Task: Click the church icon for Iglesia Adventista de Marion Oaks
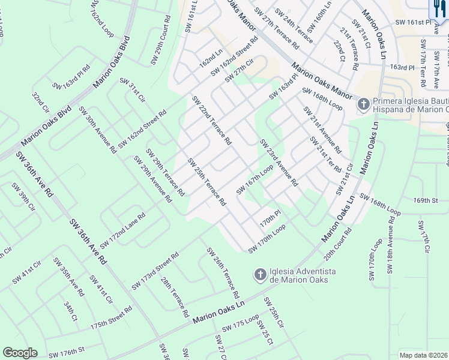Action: point(260,275)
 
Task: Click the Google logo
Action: point(20,353)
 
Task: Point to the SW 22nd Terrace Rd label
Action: point(211,121)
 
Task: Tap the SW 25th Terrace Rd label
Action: point(206,182)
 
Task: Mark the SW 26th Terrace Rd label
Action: point(223,273)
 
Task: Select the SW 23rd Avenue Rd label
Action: point(279,163)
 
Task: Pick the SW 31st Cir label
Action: point(133,90)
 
